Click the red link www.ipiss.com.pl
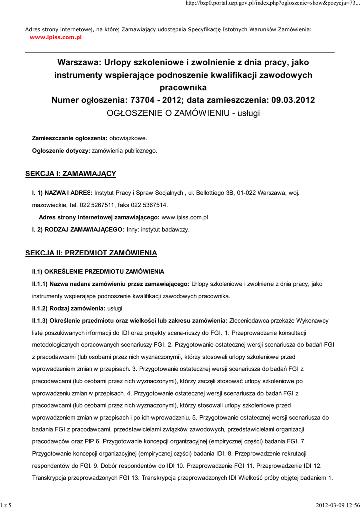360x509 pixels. point(55,37)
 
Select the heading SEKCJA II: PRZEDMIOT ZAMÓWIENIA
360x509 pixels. point(91,253)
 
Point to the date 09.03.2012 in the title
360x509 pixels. point(293,100)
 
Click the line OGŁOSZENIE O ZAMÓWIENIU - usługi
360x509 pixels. point(183,113)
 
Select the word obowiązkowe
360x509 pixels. point(128,137)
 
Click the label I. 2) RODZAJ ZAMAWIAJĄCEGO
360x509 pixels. point(78,230)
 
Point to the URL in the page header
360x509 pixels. point(272,4)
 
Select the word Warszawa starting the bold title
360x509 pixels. point(79,63)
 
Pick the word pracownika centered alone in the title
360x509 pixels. point(183,87)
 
